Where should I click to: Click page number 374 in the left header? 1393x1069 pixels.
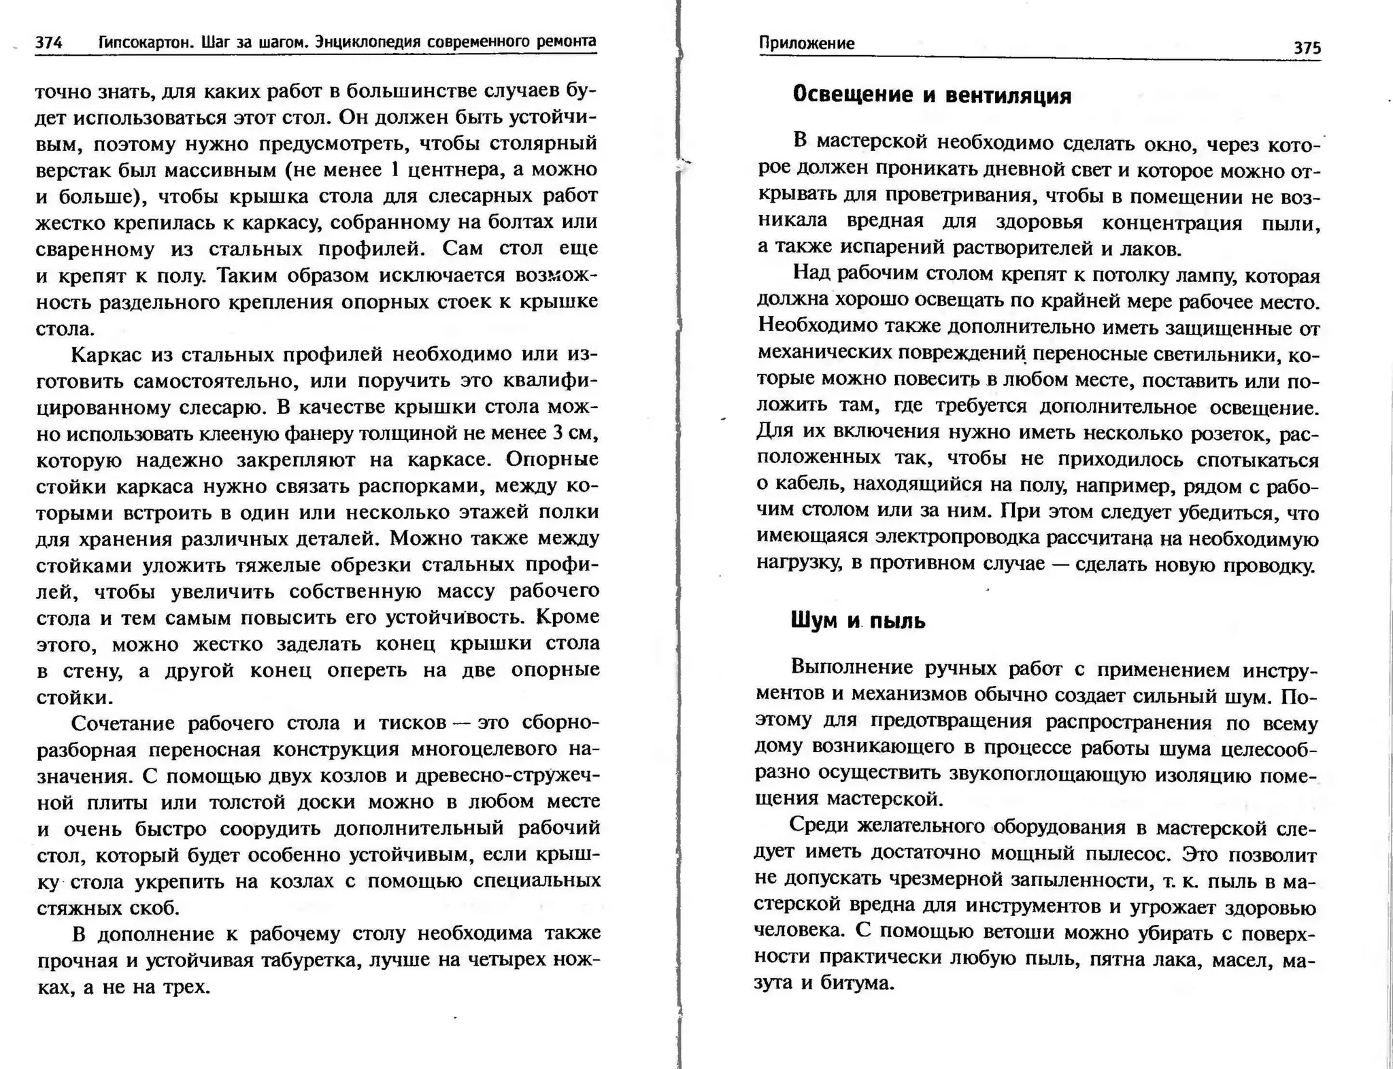tap(49, 43)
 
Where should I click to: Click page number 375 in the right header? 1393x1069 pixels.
tap(1307, 48)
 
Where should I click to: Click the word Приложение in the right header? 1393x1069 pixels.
tap(806, 44)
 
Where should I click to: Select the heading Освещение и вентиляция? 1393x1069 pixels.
tap(931, 95)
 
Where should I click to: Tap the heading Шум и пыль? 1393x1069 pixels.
tap(858, 621)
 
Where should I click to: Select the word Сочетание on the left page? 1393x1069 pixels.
tap(124, 723)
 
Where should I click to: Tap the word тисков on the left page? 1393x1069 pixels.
tap(413, 723)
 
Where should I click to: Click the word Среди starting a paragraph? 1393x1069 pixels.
tap(820, 826)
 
